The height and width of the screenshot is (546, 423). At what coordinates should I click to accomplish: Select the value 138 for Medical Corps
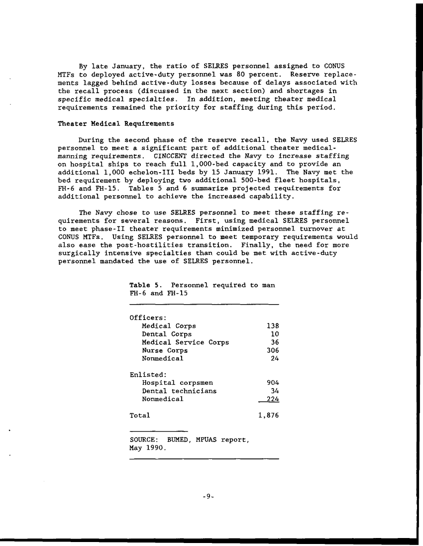(272, 326)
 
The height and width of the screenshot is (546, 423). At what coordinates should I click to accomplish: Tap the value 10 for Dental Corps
(274, 334)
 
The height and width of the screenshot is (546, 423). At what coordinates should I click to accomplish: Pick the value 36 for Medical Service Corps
(274, 342)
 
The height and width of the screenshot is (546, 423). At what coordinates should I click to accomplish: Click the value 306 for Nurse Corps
(272, 350)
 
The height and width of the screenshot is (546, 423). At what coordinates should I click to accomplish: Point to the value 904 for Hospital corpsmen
(272, 383)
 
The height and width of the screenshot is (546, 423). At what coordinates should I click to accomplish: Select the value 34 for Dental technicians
(274, 391)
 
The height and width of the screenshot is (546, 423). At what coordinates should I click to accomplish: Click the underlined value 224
(272, 399)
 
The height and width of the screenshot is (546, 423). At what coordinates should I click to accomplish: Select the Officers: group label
(148, 318)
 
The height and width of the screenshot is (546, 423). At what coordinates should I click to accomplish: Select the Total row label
(140, 415)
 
